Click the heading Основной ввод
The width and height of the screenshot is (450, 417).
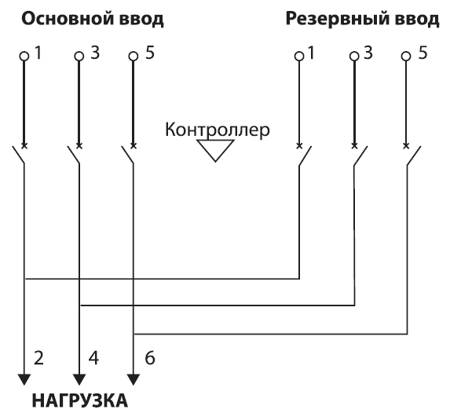(x=93, y=19)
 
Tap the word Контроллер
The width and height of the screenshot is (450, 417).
(x=218, y=130)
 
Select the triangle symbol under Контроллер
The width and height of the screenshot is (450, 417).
(x=215, y=150)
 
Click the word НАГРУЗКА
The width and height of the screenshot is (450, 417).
(x=80, y=401)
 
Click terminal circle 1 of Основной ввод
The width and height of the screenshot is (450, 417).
(x=24, y=56)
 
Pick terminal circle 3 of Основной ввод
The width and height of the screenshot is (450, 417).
(x=79, y=56)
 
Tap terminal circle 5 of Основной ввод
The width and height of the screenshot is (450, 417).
(x=133, y=56)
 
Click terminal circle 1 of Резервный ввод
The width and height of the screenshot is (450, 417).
(x=299, y=56)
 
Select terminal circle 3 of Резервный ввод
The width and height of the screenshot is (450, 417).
(x=354, y=56)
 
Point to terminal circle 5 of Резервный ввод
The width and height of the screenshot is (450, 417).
(x=406, y=56)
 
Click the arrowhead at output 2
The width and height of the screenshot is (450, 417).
(x=24, y=379)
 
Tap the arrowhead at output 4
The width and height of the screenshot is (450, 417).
(x=79, y=379)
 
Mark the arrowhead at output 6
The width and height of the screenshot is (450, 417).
(x=134, y=379)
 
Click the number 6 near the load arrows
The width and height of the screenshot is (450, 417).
(x=150, y=358)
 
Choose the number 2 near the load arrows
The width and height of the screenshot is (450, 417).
(x=38, y=358)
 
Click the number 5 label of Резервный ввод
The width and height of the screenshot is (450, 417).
(x=423, y=53)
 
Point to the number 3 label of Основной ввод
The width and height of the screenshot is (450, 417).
(x=95, y=53)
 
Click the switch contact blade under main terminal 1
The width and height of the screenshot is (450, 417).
(x=18, y=155)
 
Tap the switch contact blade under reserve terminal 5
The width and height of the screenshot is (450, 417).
(x=414, y=155)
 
